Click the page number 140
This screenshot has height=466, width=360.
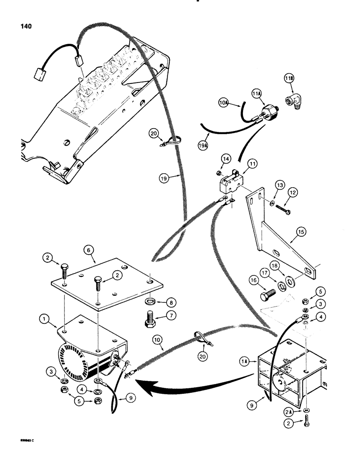[x=26, y=27]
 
